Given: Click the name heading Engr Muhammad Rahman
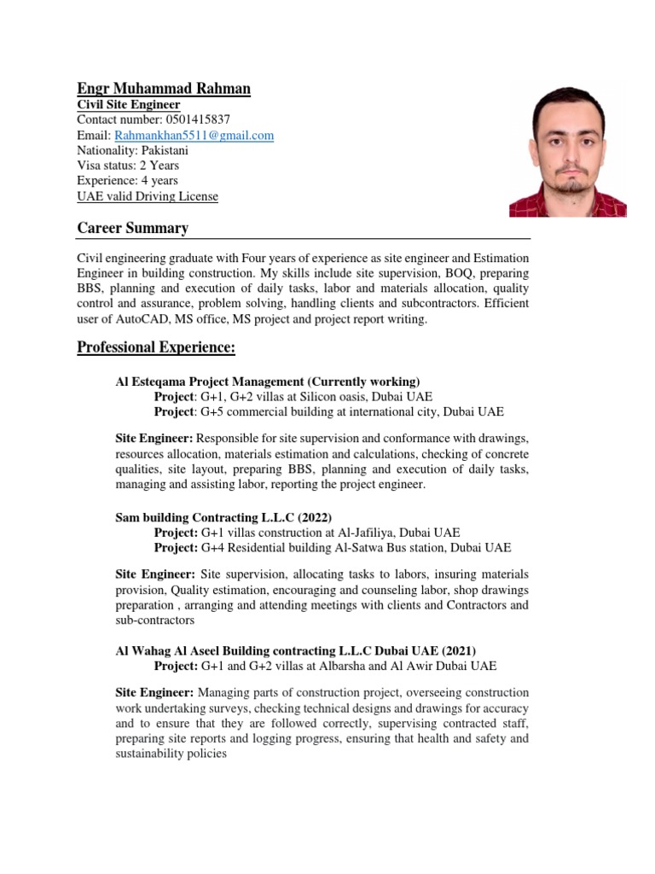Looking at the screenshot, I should click(x=164, y=88).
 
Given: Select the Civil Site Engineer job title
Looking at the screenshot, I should click(x=129, y=104).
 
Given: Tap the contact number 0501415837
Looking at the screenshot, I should click(x=194, y=119).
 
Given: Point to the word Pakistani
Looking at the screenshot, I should click(x=171, y=150).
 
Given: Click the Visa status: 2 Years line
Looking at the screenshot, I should click(x=128, y=166).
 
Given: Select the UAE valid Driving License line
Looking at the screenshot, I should click(x=148, y=196).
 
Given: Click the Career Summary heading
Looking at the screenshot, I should click(x=132, y=228).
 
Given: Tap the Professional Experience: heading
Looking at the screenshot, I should click(x=156, y=347).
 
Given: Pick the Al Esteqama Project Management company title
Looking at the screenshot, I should click(x=267, y=382).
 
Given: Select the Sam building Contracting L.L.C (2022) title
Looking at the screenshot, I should click(x=223, y=517).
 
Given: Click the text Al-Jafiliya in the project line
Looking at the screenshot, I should click(x=370, y=533).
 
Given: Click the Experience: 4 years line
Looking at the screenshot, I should click(x=128, y=181).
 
